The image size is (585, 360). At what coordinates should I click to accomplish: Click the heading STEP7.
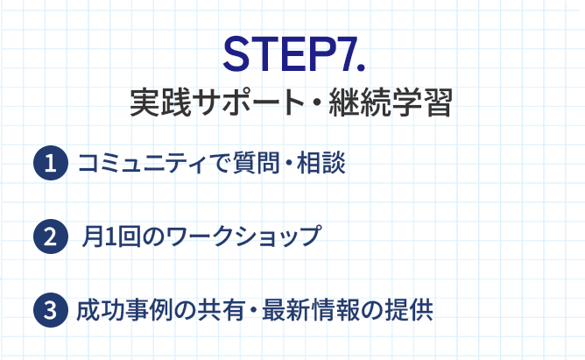click(292, 54)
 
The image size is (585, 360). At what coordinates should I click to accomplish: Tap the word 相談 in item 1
click(321, 163)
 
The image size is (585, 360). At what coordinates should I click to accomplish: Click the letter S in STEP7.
click(239, 54)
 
